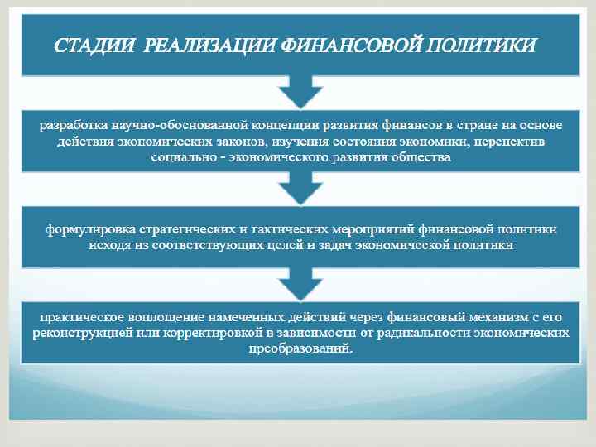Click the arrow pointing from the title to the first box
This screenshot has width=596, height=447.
[x=300, y=88]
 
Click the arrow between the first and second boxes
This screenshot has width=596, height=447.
[x=300, y=190]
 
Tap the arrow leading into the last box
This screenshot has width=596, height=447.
[x=300, y=286]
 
